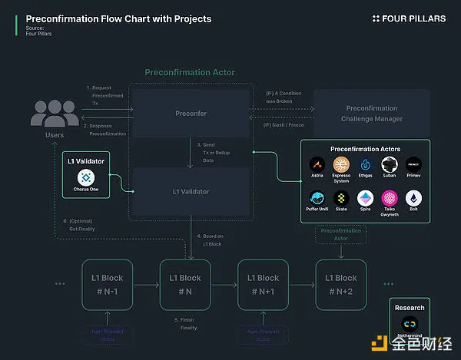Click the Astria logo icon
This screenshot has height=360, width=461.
tap(316, 164)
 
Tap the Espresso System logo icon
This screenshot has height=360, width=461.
tap(340, 164)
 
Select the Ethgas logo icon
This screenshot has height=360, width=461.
tap(366, 164)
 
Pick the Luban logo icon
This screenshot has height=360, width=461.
tap(390, 164)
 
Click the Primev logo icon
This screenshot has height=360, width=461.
tap(414, 164)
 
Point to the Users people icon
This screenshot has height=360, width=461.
tap(55, 112)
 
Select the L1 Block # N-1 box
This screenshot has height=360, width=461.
tap(107, 285)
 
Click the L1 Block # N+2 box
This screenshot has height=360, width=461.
tap(340, 285)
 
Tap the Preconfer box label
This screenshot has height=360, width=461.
tap(191, 114)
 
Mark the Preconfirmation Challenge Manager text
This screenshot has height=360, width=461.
tap(372, 114)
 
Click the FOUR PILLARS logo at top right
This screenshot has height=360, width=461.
tap(409, 18)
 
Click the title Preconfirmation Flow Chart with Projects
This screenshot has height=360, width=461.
tap(118, 18)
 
